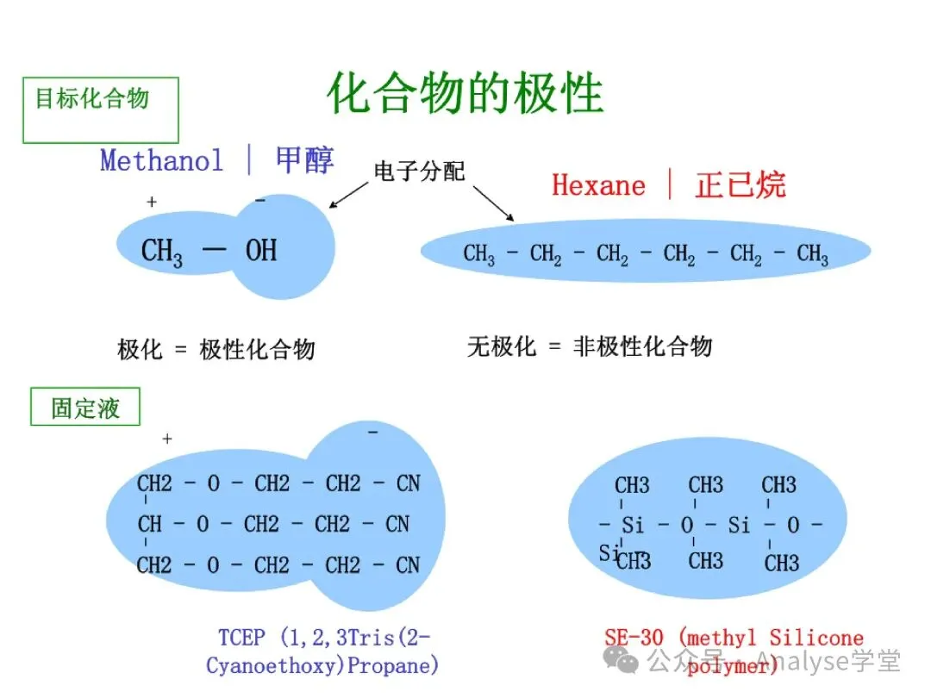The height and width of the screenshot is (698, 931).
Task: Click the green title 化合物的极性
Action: pyautogui.click(x=465, y=93)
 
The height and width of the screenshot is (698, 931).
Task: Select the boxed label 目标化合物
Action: pyautogui.click(x=91, y=98)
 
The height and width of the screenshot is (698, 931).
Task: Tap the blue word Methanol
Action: pyautogui.click(x=161, y=160)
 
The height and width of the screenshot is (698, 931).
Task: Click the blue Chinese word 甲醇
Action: pyautogui.click(x=304, y=159)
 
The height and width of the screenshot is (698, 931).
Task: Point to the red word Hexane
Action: pyautogui.click(x=598, y=185)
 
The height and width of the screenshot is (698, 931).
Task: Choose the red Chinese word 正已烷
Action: pyautogui.click(x=740, y=185)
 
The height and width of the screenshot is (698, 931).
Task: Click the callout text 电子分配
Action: pyautogui.click(x=419, y=171)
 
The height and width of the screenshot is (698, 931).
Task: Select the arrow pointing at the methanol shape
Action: pyautogui.click(x=350, y=195)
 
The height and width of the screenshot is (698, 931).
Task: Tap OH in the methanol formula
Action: pyautogui.click(x=261, y=251)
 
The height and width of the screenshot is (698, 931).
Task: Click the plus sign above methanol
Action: pyautogui.click(x=152, y=202)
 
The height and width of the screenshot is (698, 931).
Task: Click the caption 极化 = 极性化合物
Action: pyautogui.click(x=216, y=349)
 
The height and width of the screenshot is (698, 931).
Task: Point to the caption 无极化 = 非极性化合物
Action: pyautogui.click(x=590, y=346)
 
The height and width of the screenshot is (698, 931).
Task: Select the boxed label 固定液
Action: pyautogui.click(x=85, y=408)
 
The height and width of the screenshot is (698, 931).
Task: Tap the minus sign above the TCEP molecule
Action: pyautogui.click(x=373, y=431)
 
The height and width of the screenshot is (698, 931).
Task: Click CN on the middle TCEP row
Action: pyautogui.click(x=397, y=524)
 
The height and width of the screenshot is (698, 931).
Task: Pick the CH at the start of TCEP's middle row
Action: pyautogui.click(x=149, y=524)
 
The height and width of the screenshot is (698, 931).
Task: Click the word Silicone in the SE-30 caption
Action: pyautogui.click(x=816, y=638)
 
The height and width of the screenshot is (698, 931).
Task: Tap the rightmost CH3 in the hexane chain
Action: pyautogui.click(x=812, y=255)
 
